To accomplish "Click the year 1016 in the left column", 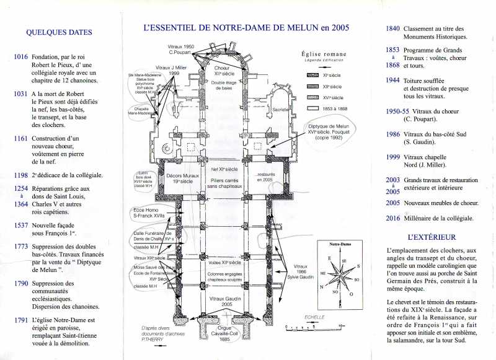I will pos(20,57).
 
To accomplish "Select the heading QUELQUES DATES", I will pos(59,33).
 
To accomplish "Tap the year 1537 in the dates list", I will pos(20,225).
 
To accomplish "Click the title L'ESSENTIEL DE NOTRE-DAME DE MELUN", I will pos(246,27).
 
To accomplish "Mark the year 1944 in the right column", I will pos(392,81).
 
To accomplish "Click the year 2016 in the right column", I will pos(392,218).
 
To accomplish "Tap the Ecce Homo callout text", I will pos(149,214).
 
